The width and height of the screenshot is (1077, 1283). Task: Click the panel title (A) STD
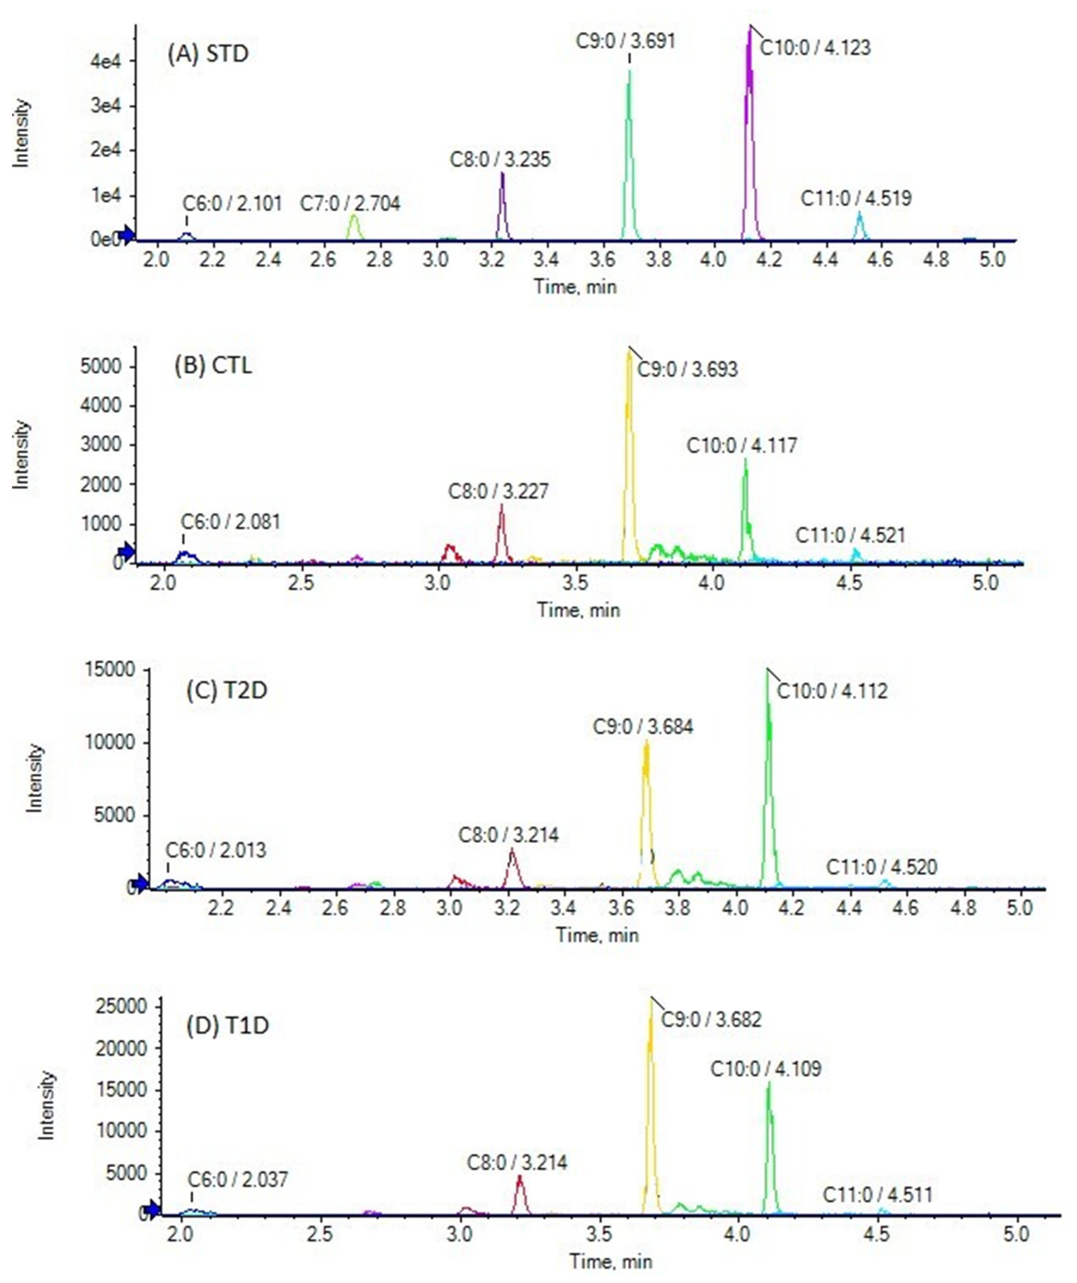[x=208, y=54]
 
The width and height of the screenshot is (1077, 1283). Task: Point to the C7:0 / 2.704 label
[x=350, y=203]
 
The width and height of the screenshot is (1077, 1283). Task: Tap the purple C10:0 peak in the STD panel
[x=750, y=122]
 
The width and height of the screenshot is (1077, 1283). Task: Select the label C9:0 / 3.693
[x=687, y=370]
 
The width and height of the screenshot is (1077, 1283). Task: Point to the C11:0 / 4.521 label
[x=850, y=536]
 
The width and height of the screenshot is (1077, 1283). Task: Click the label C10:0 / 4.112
[x=832, y=692]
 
